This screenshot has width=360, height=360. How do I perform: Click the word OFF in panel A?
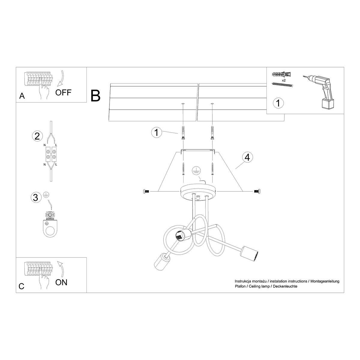tap(63, 92)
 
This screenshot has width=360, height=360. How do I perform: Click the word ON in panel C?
tap(61, 282)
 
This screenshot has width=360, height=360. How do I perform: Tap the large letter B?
tap(95, 95)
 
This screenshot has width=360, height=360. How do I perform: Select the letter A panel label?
tap(22, 96)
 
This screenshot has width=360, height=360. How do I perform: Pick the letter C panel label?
tap(21, 286)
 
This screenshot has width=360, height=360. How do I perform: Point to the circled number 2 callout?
tap(37, 136)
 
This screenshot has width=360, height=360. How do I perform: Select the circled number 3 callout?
tap(36, 197)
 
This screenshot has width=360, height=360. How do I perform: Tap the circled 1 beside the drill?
tap(278, 103)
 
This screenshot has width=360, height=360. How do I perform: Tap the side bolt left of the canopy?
tap(146, 191)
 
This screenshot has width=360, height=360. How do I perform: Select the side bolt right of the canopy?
tap(257, 191)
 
